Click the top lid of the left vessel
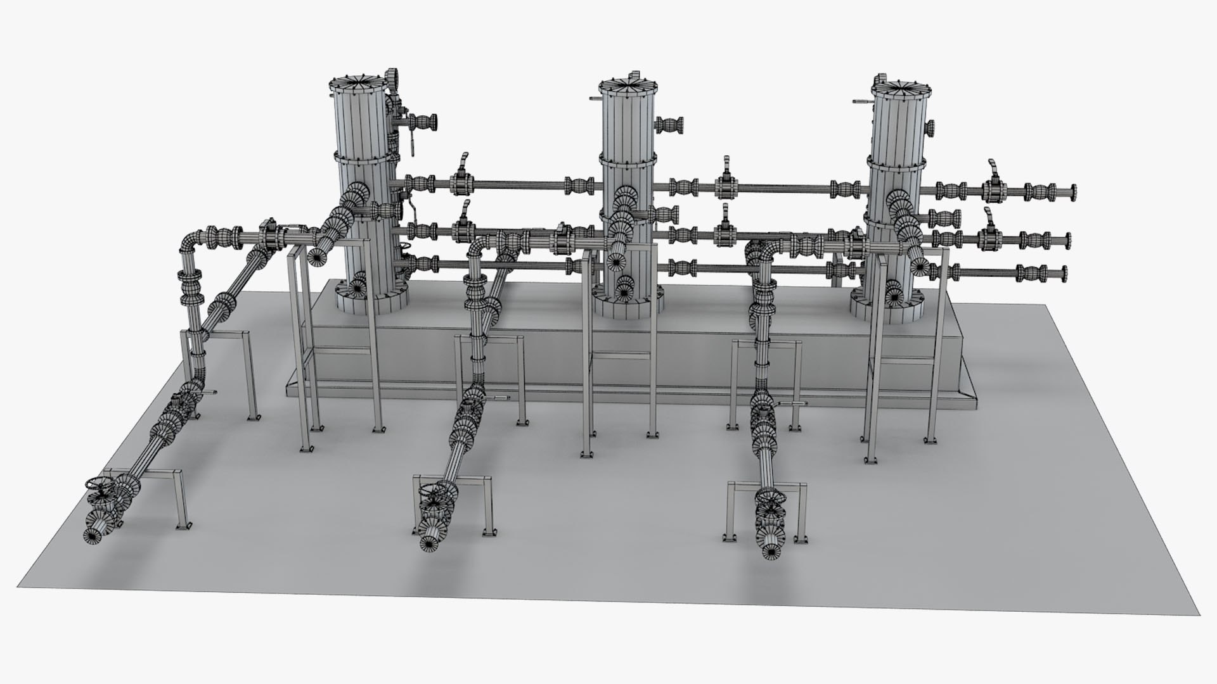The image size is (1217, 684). (x=359, y=85)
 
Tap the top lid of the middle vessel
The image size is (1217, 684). (x=628, y=87)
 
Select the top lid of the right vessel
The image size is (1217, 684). (x=899, y=88)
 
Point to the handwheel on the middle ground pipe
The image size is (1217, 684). (x=434, y=491)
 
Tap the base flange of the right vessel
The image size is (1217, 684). (x=887, y=310)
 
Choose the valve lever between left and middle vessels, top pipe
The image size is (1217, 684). (x=463, y=166)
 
